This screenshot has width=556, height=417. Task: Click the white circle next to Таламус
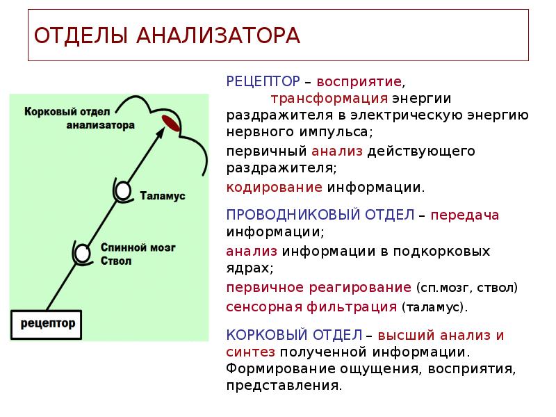coord(123,189)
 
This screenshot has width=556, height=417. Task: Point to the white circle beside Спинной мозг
coord(83,252)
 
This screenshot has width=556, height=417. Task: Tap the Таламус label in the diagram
coord(163,197)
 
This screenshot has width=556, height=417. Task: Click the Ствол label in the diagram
coord(115,261)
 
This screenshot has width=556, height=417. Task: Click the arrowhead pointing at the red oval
coord(159,135)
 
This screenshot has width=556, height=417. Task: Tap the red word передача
coord(465,215)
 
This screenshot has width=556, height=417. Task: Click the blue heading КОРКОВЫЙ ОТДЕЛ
coord(295,335)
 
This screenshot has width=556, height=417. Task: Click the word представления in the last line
coord(283,385)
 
